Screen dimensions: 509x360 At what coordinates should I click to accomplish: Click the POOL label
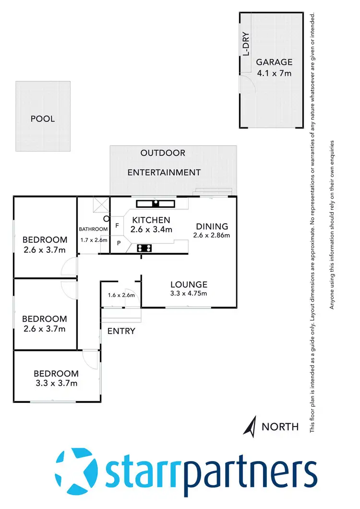click(43, 118)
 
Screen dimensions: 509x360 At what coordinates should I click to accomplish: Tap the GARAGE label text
click(274, 62)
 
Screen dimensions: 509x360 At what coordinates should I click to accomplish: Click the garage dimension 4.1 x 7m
click(274, 73)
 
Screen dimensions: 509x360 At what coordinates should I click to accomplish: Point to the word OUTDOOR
click(163, 153)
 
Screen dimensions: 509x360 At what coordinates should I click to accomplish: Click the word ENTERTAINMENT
click(164, 172)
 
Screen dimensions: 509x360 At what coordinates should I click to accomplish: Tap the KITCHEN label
click(152, 220)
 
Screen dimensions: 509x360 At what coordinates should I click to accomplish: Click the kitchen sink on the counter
click(156, 203)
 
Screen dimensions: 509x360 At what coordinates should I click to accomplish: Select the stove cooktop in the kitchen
click(145, 248)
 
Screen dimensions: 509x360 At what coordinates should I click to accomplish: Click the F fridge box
click(117, 224)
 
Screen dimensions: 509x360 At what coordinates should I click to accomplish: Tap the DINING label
click(211, 226)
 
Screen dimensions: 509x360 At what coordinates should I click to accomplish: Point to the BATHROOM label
click(94, 229)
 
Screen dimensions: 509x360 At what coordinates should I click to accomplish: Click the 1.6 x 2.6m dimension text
click(121, 296)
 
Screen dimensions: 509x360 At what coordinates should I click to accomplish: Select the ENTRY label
click(121, 331)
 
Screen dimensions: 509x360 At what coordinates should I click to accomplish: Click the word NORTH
click(280, 426)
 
